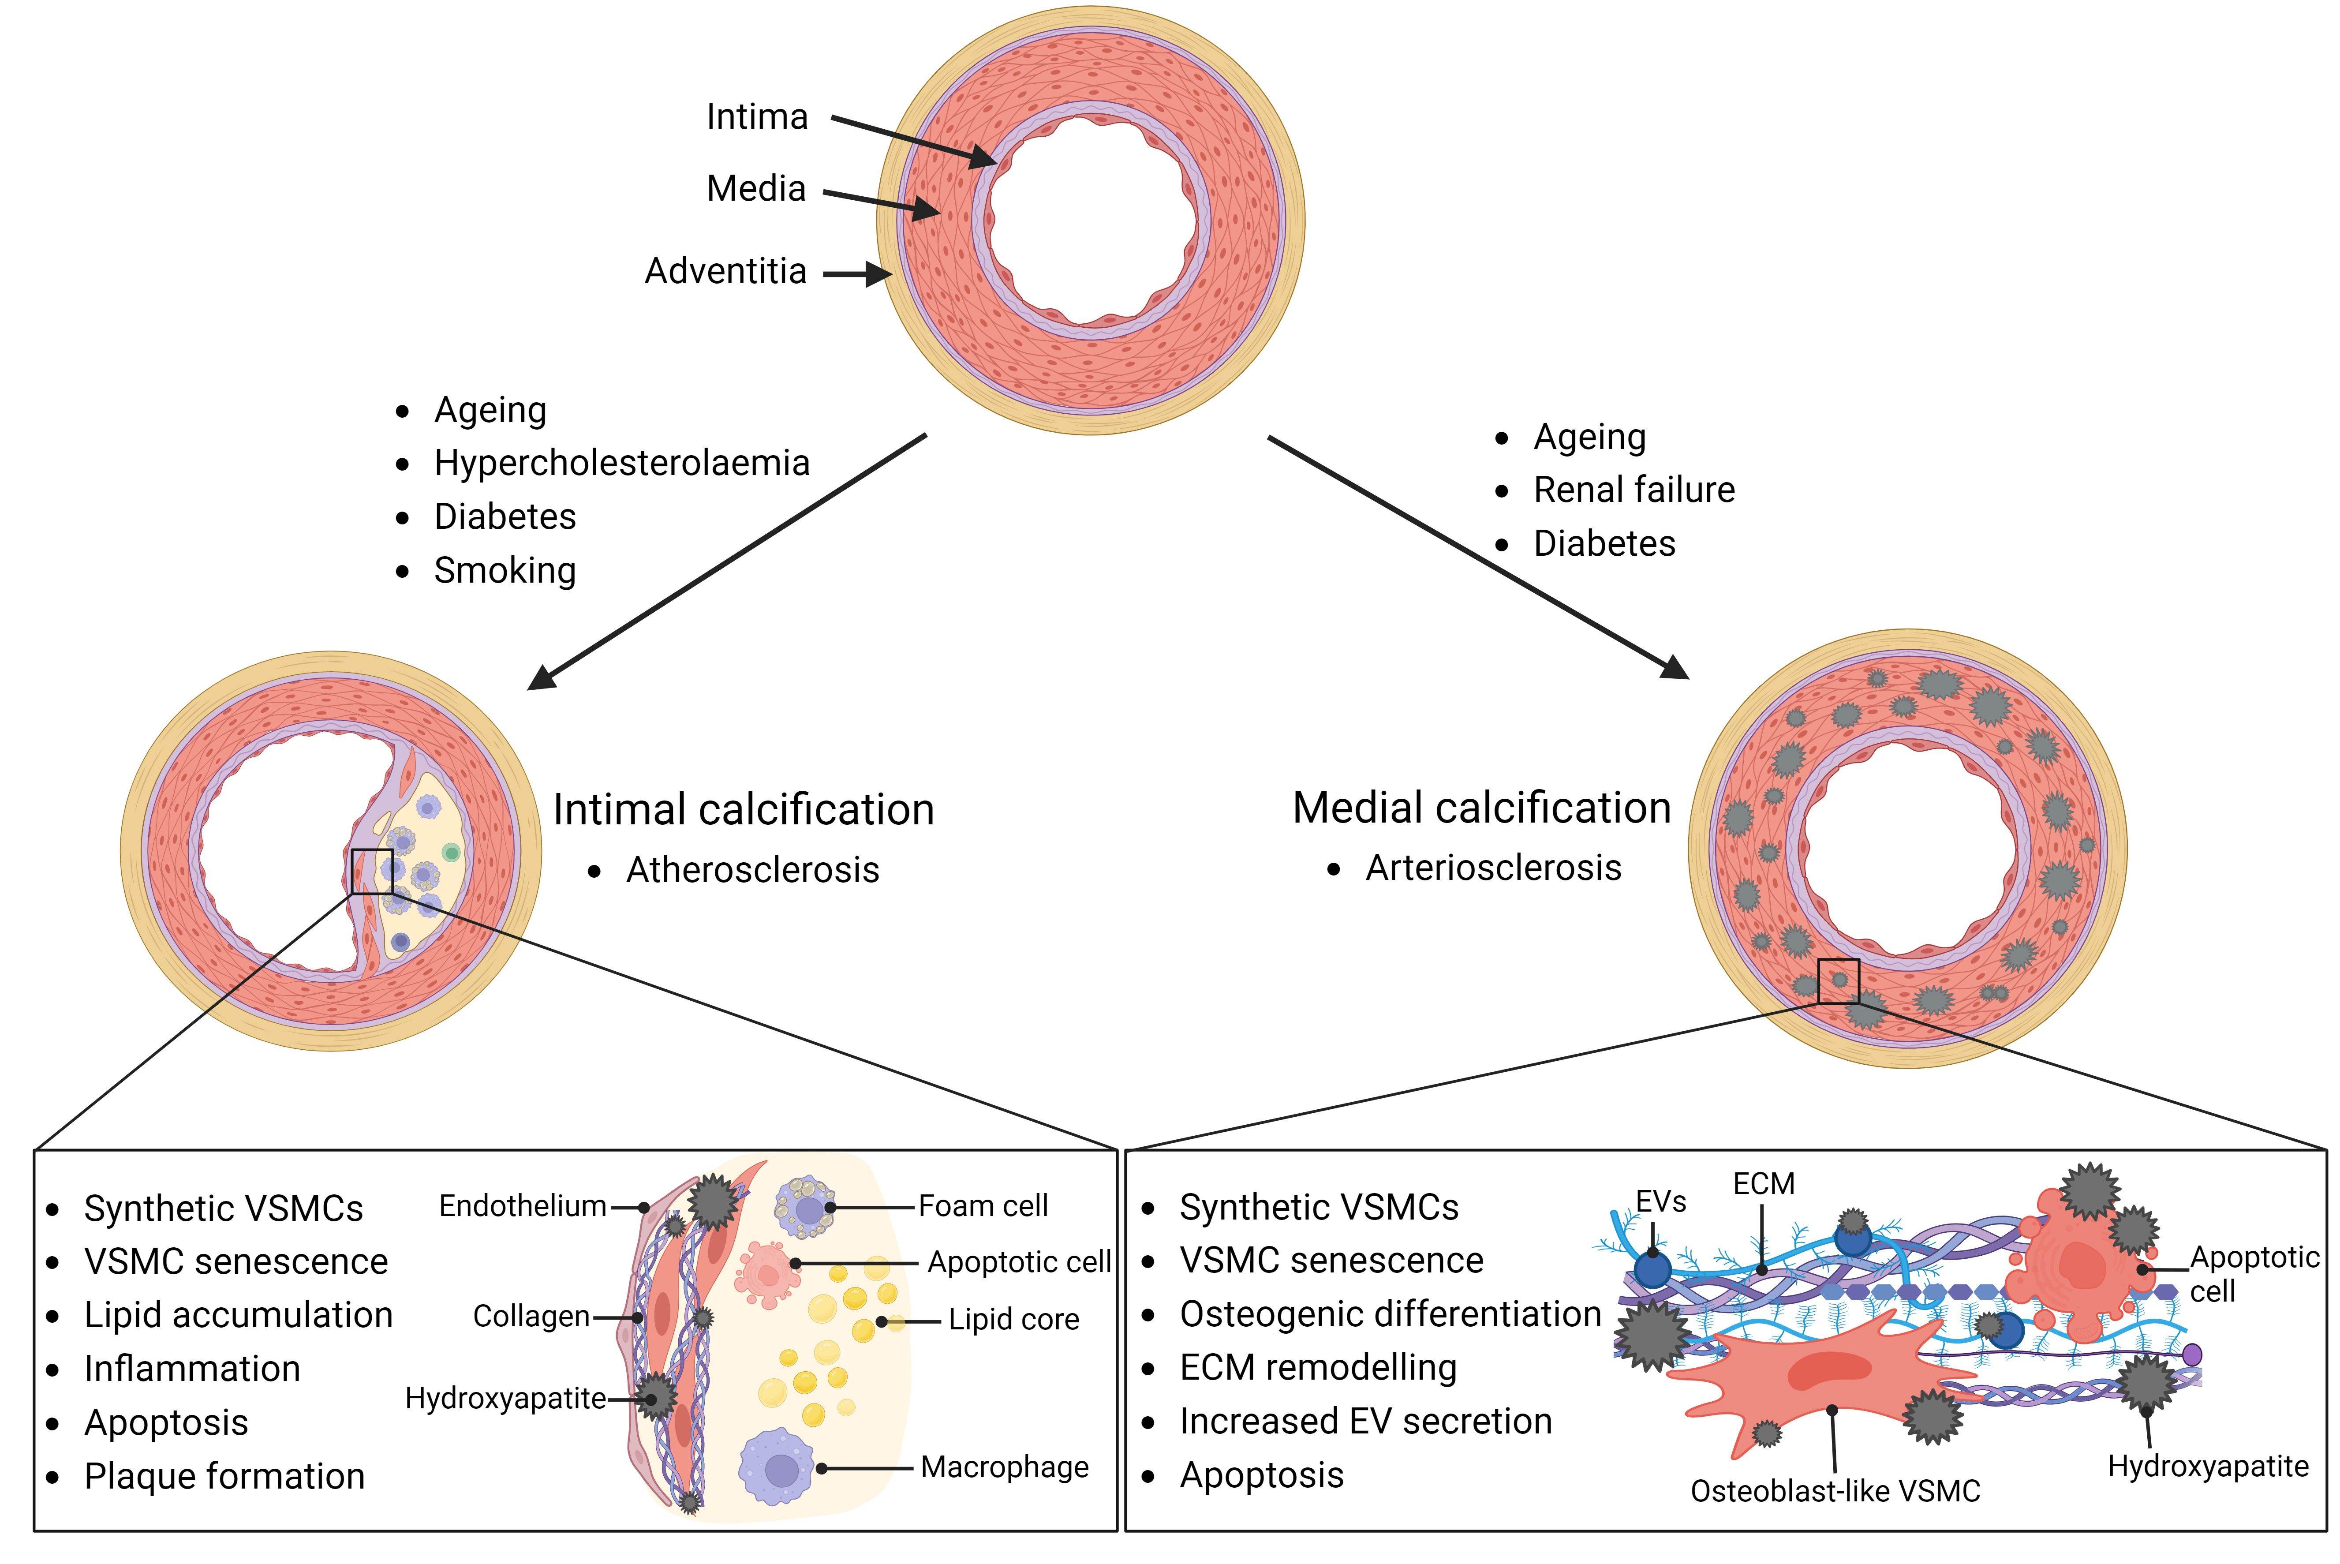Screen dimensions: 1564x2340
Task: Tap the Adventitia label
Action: pos(725,271)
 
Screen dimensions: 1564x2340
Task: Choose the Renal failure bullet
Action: pos(1634,490)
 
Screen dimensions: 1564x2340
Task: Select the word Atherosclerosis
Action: pos(752,870)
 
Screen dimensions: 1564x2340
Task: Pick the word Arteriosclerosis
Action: pos(1493,868)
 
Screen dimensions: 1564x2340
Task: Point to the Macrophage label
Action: pos(1005,1467)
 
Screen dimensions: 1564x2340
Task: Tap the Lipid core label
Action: pos(1013,1320)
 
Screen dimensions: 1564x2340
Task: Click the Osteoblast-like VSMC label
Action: pos(1835,1491)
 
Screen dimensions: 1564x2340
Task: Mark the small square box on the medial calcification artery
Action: pos(1838,981)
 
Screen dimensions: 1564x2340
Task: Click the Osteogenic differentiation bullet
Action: pos(1390,1315)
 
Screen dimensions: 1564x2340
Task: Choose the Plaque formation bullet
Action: pos(224,1476)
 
